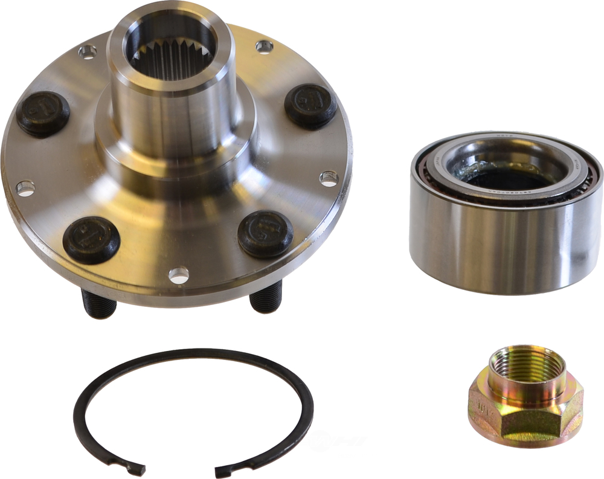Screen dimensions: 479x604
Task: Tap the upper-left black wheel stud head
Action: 43,114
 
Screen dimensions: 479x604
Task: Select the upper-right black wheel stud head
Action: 310,106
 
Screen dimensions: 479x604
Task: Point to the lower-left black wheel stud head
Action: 91,239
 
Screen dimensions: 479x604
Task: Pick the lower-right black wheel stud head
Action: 265,233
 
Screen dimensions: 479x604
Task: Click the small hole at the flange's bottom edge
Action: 179,275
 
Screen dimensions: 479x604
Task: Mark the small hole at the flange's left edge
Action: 25,188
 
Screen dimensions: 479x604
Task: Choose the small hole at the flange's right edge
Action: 329,178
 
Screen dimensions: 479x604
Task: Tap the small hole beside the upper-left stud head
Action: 88,53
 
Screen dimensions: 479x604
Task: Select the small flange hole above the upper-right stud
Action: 264,47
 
